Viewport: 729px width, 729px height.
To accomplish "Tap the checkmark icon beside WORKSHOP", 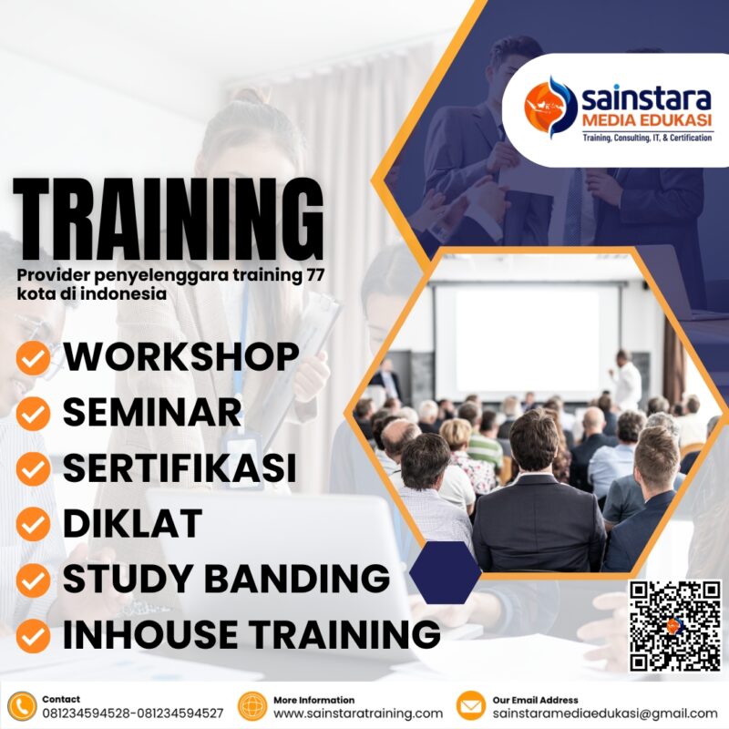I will (34, 359).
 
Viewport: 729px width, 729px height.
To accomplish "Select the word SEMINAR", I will (152, 413).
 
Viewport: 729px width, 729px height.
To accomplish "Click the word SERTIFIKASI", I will (180, 468).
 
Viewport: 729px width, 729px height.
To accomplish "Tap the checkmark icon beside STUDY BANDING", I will (34, 580).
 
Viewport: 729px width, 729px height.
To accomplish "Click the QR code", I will (675, 625).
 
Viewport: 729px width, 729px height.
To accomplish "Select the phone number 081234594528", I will (87, 714).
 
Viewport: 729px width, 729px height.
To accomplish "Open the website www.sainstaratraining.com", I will (358, 714).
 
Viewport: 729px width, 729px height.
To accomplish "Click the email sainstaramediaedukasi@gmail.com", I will (605, 714).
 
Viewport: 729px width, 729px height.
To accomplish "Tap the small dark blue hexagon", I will (446, 572).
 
